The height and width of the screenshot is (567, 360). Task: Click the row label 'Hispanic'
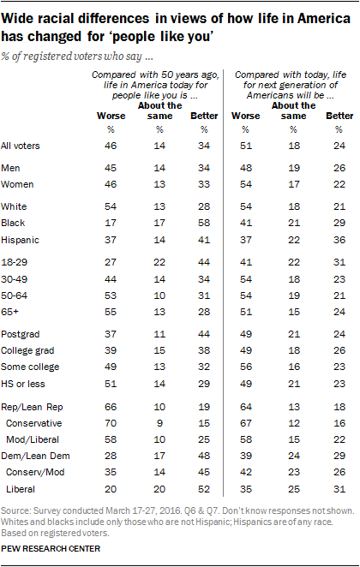[x=20, y=240]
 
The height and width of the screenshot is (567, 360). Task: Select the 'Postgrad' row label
[x=21, y=334]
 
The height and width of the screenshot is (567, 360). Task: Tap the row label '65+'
[x=9, y=312]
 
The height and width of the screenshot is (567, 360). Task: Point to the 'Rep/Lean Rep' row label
[x=32, y=407]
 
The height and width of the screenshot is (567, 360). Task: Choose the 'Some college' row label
[x=30, y=367]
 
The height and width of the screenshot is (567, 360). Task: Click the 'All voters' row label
[x=21, y=146]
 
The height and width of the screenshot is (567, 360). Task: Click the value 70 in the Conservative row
[x=111, y=423]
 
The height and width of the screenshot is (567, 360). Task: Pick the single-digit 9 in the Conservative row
[x=159, y=423]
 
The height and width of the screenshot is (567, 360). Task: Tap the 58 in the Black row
[x=204, y=223]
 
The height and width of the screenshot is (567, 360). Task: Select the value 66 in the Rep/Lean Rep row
[x=111, y=407]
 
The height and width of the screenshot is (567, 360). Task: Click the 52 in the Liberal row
[x=204, y=489]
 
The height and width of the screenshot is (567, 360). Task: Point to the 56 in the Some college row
[x=246, y=367]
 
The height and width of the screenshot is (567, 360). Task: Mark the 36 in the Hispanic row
[x=339, y=240]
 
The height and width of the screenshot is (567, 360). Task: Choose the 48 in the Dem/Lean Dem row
[x=204, y=456]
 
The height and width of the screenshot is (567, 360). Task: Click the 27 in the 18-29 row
[x=111, y=262]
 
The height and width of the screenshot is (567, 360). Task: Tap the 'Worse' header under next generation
[x=246, y=116]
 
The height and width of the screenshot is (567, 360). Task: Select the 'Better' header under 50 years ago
[x=204, y=116]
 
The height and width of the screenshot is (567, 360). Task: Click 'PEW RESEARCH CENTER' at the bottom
[x=51, y=549]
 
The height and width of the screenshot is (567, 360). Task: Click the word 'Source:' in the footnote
[x=15, y=511]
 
